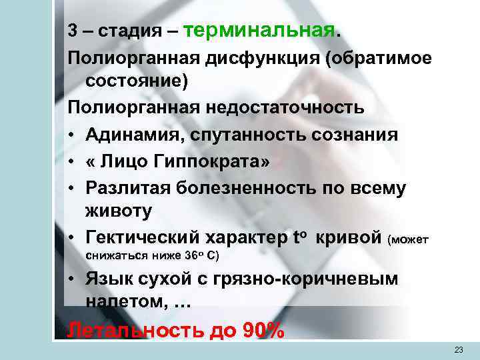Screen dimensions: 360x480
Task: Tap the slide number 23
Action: [458, 350]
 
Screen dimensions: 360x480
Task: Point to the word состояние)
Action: [137, 82]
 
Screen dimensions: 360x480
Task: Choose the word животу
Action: [119, 211]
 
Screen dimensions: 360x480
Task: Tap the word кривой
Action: [348, 238]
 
